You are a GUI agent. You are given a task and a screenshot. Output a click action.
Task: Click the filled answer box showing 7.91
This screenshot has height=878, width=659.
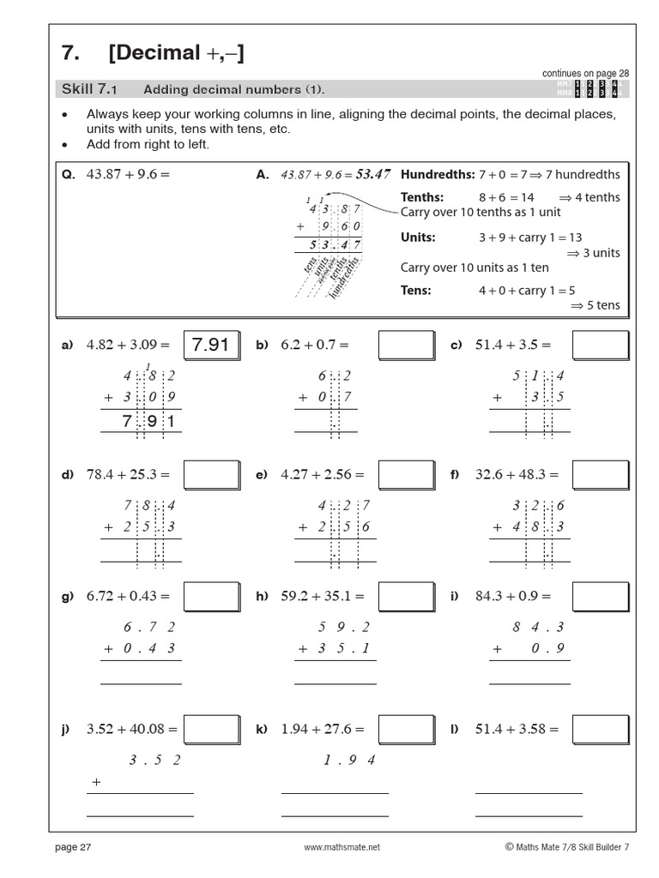[211, 345]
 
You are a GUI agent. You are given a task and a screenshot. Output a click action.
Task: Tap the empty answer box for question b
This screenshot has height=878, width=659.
[406, 345]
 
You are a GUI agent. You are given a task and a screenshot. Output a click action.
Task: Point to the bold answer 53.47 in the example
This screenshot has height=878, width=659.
[372, 174]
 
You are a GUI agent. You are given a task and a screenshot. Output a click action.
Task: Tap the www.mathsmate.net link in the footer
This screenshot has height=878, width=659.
[341, 847]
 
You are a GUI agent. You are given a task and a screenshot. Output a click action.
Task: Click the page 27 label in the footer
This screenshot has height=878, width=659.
[73, 847]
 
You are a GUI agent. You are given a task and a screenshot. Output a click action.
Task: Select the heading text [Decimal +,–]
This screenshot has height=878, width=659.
[176, 53]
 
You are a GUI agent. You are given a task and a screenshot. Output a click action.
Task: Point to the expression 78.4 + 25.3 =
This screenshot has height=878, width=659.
[129, 474]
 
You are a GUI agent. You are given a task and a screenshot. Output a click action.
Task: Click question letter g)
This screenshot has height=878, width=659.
[67, 596]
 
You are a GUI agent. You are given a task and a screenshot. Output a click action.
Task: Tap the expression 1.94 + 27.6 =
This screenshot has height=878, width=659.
[323, 730]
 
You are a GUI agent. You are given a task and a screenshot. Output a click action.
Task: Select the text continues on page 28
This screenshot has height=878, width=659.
[585, 74]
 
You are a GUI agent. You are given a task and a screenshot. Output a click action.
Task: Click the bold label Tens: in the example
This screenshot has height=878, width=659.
[415, 291]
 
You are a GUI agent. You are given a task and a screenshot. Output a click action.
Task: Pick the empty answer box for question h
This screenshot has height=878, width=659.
[406, 596]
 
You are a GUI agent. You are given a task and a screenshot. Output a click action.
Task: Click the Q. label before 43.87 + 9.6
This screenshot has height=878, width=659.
[69, 174]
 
